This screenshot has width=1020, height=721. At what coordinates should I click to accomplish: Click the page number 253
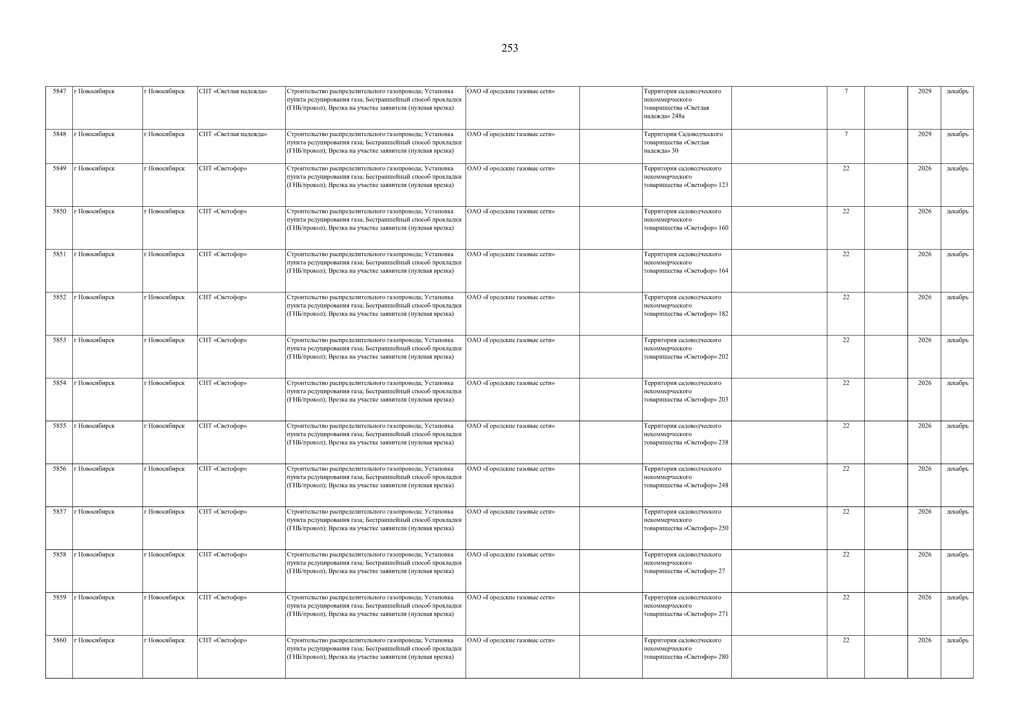509,48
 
